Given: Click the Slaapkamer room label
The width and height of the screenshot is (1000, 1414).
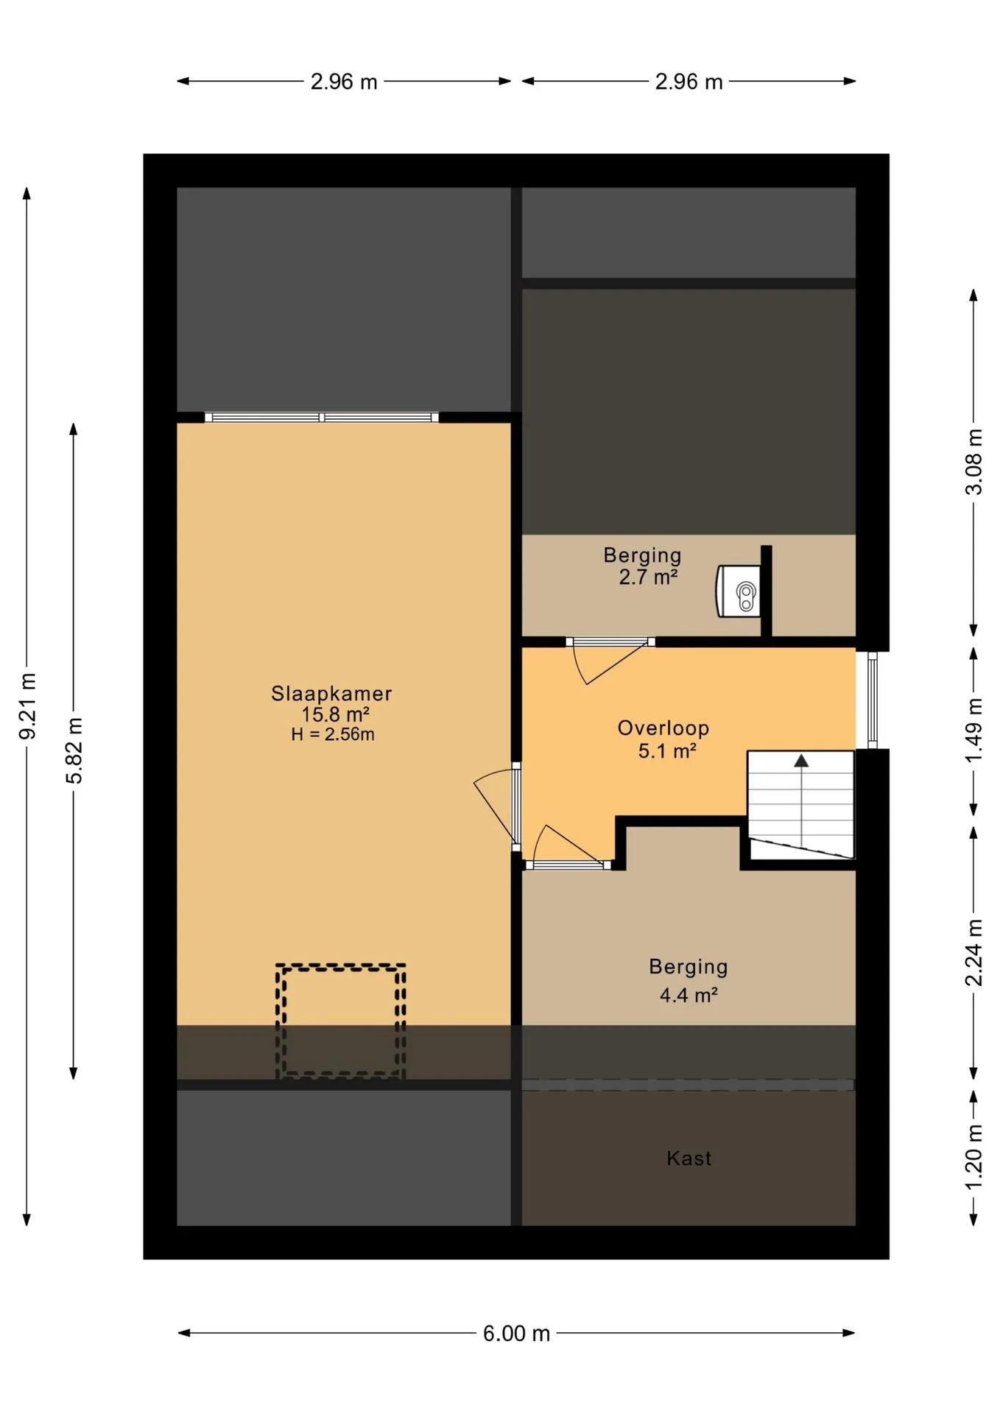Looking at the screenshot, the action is [331, 694].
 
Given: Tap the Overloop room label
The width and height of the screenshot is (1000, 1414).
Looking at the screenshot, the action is [663, 728].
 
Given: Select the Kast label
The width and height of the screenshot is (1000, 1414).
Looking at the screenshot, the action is [689, 1158].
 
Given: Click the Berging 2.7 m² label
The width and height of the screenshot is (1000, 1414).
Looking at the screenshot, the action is [643, 566].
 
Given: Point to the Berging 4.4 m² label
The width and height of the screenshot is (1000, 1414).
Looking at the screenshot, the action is [689, 980].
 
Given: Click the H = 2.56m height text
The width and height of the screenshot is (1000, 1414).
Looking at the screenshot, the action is [333, 734].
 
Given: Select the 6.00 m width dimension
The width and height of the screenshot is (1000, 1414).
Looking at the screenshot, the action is [516, 1334].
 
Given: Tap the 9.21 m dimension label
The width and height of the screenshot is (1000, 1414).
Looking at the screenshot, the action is [27, 706].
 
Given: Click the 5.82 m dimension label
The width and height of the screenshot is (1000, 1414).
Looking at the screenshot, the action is [74, 750].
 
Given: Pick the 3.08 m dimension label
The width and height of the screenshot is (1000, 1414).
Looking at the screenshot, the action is [973, 462].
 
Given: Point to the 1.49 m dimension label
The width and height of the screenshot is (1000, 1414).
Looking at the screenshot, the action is [973, 731].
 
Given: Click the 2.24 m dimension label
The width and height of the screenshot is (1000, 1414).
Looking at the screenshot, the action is [973, 953].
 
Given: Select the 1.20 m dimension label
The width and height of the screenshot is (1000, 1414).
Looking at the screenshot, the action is [973, 1158].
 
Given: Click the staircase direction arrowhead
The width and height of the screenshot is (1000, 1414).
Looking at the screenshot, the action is [801, 761].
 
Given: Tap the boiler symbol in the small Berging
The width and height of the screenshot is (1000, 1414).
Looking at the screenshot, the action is [739, 591].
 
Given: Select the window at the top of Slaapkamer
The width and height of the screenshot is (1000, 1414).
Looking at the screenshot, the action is [322, 418].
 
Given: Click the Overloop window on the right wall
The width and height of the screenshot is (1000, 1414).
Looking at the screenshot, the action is [873, 700].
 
